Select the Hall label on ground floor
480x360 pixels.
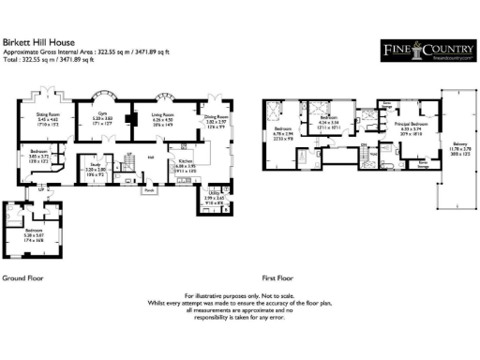[x=150, y=158]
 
